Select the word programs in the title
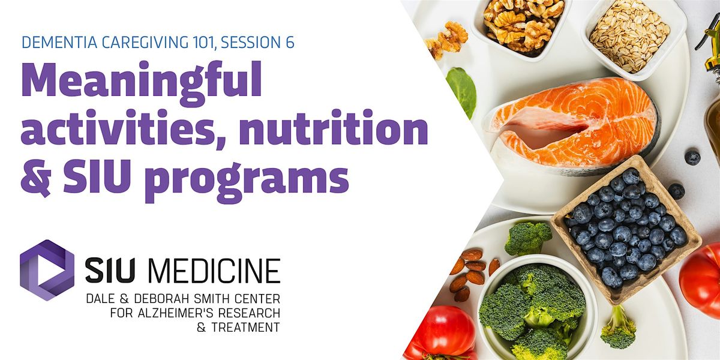(248, 181)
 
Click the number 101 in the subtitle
(201, 43)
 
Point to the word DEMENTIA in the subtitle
(59, 43)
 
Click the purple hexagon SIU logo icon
(47, 270)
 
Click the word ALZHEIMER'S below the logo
(175, 313)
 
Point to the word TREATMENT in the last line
(245, 328)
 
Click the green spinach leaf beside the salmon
(461, 92)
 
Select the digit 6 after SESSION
(290, 43)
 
